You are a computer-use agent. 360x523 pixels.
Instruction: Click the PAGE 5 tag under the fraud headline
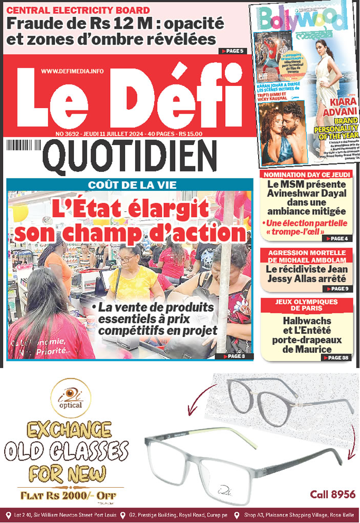233,51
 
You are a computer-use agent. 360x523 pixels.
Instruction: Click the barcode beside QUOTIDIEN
23,146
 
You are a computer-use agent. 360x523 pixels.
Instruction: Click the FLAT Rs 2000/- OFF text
68,495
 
